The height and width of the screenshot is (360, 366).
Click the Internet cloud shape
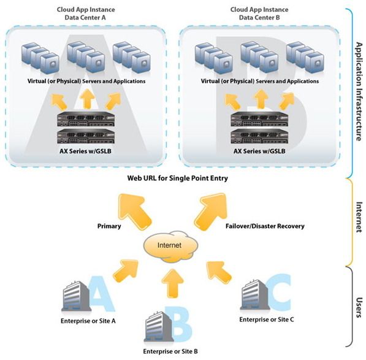170,247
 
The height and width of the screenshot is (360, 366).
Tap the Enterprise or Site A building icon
76,297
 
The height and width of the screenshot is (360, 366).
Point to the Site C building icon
255,295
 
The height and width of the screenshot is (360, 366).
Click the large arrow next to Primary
134,211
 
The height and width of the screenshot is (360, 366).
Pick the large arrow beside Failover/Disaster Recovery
211,211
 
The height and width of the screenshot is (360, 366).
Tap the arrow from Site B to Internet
173,283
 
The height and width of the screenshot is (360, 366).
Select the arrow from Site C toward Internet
218,272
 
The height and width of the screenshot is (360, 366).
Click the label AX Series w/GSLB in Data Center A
85,151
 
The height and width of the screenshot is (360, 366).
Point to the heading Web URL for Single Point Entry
178,178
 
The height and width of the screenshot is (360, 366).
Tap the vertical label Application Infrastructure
359,92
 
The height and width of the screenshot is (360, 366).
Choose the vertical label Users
359,307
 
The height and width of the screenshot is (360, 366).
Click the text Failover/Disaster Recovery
265,226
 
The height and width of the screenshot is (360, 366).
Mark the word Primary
109,226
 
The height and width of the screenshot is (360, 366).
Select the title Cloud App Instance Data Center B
259,13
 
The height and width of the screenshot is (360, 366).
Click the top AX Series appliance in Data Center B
259,119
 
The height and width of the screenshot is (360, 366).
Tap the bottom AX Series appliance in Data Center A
86,136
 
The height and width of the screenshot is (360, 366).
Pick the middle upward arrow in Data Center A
87,99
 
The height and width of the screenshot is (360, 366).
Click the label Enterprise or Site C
267,320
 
